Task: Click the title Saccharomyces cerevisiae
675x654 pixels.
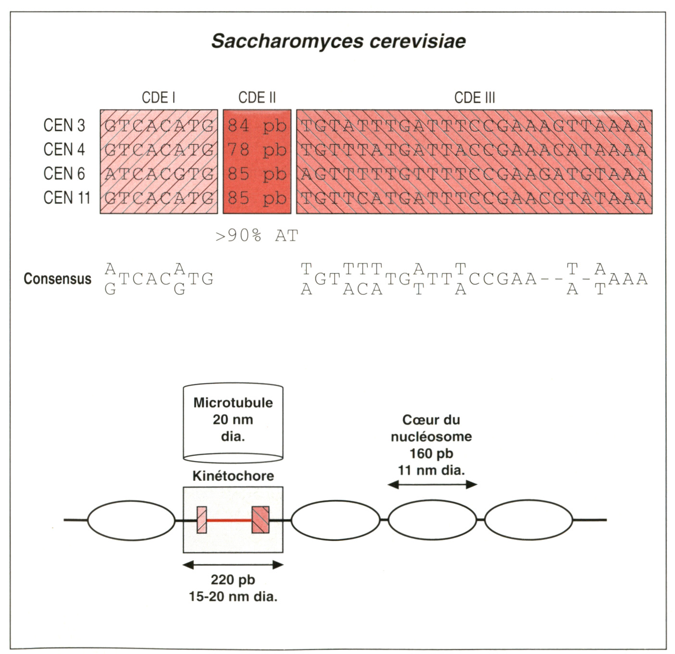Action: [338, 41]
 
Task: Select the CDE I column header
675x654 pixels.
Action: [158, 98]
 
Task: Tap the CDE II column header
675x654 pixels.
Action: [257, 98]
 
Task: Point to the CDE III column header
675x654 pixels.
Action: [474, 98]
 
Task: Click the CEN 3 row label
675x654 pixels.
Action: [64, 126]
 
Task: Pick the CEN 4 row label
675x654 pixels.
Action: [64, 150]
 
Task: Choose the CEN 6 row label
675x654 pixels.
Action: [64, 174]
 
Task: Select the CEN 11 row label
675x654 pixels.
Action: [67, 198]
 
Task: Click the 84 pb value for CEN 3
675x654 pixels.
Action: [257, 126]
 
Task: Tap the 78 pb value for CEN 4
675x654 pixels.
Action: [257, 150]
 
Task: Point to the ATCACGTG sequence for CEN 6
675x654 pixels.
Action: [159, 174]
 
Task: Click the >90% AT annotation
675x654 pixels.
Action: [257, 236]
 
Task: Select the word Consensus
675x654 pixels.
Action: [57, 279]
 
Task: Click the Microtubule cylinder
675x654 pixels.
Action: [233, 421]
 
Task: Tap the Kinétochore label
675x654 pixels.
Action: [233, 476]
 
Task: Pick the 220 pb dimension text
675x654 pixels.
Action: [233, 580]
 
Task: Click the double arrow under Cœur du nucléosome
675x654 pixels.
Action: [432, 485]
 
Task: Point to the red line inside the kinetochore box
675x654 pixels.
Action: [229, 520]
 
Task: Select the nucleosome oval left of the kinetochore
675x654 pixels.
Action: [131, 520]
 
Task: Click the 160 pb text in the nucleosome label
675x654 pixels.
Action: [431, 453]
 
